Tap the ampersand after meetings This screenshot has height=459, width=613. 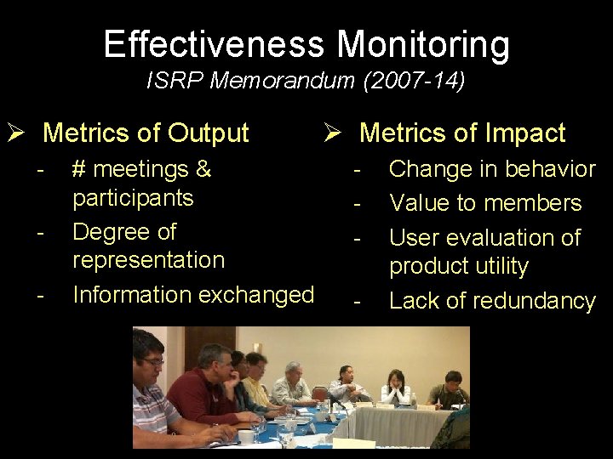pos(203,169)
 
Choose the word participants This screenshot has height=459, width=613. pos(133,199)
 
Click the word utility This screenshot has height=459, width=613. pos(501,267)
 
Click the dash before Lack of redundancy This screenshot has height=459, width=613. pos(358,301)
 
